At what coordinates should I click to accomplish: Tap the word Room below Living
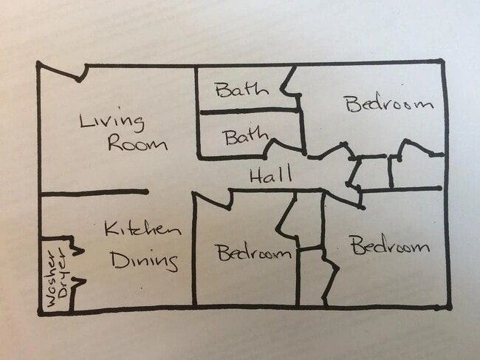138,143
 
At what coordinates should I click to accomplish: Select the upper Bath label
241,89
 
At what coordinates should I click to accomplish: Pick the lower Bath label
247,137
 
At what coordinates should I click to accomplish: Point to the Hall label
270,175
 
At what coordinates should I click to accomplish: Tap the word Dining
144,261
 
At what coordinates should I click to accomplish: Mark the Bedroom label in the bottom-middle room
254,253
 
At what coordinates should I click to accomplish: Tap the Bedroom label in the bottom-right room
391,245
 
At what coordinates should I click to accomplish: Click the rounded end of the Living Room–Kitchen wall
146,191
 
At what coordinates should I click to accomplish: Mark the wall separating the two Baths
250,111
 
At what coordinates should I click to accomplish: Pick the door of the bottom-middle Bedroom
212,200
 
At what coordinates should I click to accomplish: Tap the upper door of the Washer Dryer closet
78,245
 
